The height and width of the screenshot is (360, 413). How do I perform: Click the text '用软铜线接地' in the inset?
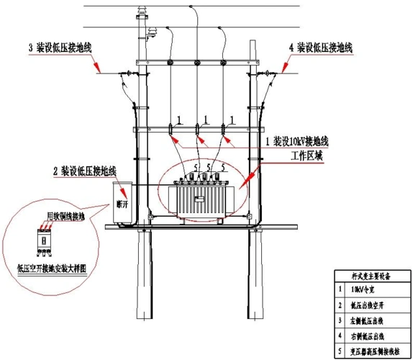tap(65, 216)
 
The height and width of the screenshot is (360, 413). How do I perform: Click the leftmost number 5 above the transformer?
tap(192, 168)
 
